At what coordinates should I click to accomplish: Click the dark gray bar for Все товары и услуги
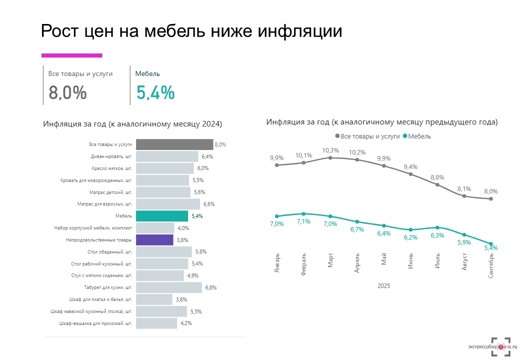(174, 144)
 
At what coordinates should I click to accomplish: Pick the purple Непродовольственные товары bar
(154, 240)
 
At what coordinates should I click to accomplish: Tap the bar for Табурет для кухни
(168, 287)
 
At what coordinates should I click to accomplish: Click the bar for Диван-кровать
(167, 156)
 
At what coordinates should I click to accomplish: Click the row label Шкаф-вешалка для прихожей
(95, 323)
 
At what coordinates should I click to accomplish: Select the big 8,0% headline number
(67, 93)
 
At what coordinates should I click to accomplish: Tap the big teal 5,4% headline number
(155, 93)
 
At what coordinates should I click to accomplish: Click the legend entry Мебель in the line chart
(419, 136)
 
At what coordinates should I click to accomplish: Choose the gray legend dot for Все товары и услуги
(337, 136)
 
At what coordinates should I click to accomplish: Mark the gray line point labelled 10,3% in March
(330, 157)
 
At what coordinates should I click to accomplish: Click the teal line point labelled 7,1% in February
(303, 213)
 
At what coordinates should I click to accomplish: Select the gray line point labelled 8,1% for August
(464, 196)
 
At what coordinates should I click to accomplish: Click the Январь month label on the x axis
(277, 263)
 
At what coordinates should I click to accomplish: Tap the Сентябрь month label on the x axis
(491, 266)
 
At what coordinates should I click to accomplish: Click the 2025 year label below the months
(384, 286)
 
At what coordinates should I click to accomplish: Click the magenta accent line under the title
(71, 55)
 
